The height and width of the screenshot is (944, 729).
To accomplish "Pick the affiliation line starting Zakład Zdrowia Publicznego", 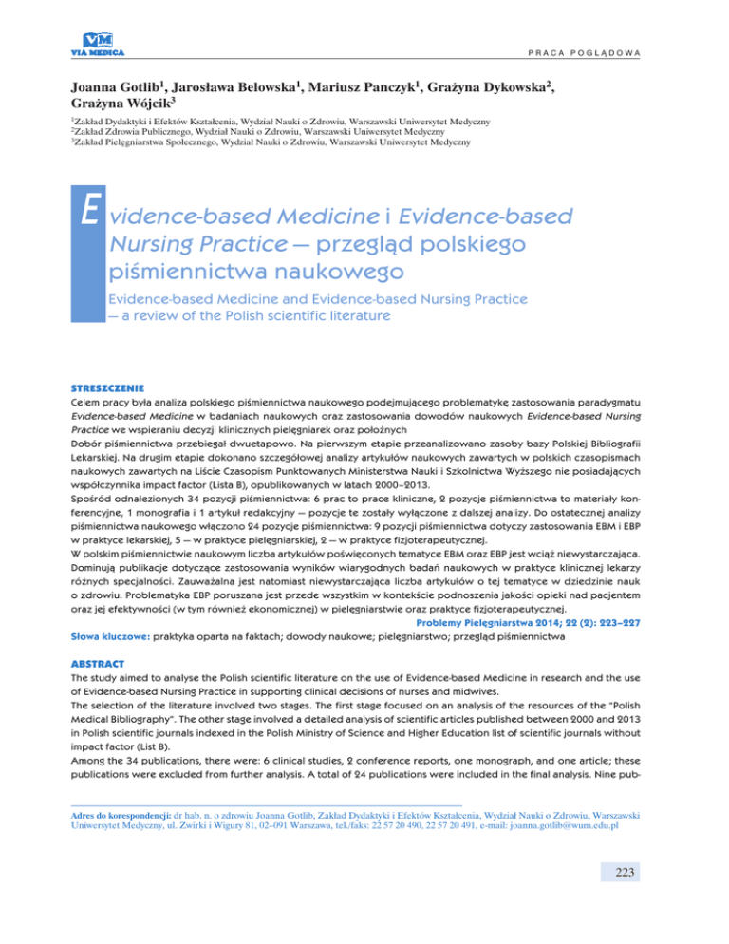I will [237, 133].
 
